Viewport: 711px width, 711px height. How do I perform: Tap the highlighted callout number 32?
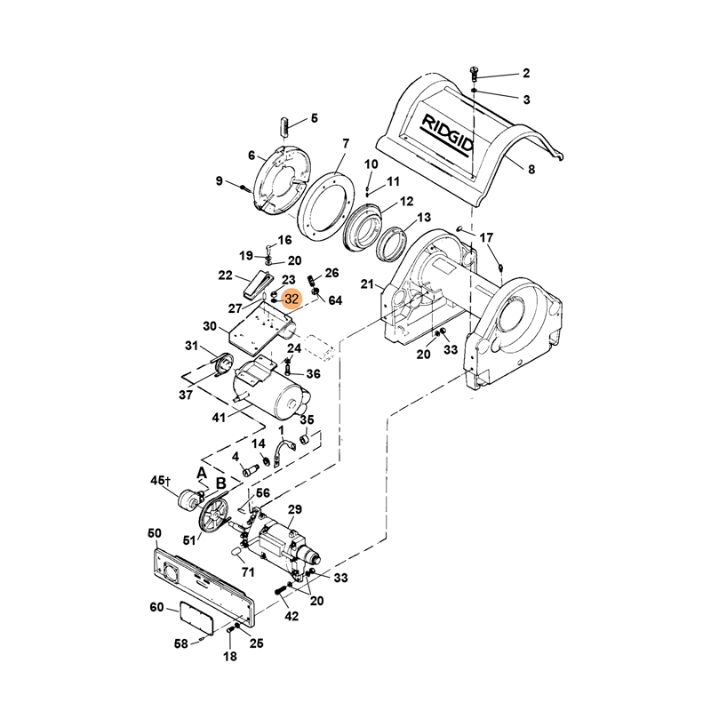pyautogui.click(x=292, y=300)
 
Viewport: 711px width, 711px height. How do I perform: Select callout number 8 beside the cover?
pyautogui.click(x=531, y=169)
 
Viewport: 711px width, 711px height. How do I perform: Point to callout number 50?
pyautogui.click(x=154, y=533)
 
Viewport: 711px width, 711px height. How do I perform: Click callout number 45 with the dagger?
pyautogui.click(x=160, y=481)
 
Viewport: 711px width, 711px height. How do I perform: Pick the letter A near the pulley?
pyautogui.click(x=202, y=472)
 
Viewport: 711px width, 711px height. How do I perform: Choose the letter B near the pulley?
pyautogui.click(x=220, y=484)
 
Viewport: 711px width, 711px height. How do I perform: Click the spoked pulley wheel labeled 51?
pyautogui.click(x=212, y=515)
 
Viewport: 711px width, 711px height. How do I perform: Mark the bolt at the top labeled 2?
pyautogui.click(x=474, y=72)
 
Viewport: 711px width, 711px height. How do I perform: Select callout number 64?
pyautogui.click(x=335, y=300)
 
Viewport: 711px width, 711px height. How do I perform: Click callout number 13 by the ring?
pyautogui.click(x=423, y=219)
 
